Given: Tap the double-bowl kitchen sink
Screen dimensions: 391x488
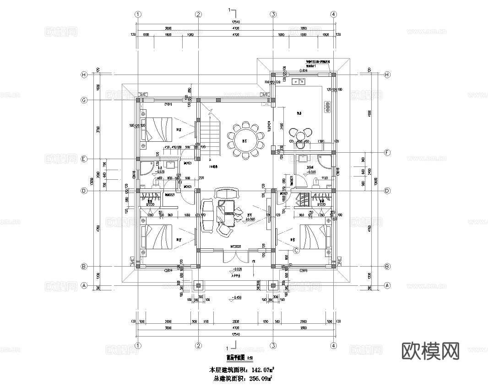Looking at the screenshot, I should click(299, 82).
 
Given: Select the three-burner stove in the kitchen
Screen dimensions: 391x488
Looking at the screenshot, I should click(328, 107).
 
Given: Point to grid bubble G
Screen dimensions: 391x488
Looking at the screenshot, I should click(84, 100).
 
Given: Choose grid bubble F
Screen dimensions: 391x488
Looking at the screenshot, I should click(387, 152).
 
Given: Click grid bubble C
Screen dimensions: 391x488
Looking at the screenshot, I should click(296, 250).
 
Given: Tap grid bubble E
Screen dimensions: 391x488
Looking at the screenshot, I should click(84, 159).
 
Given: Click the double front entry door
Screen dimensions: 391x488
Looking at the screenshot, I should click(235, 255).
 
